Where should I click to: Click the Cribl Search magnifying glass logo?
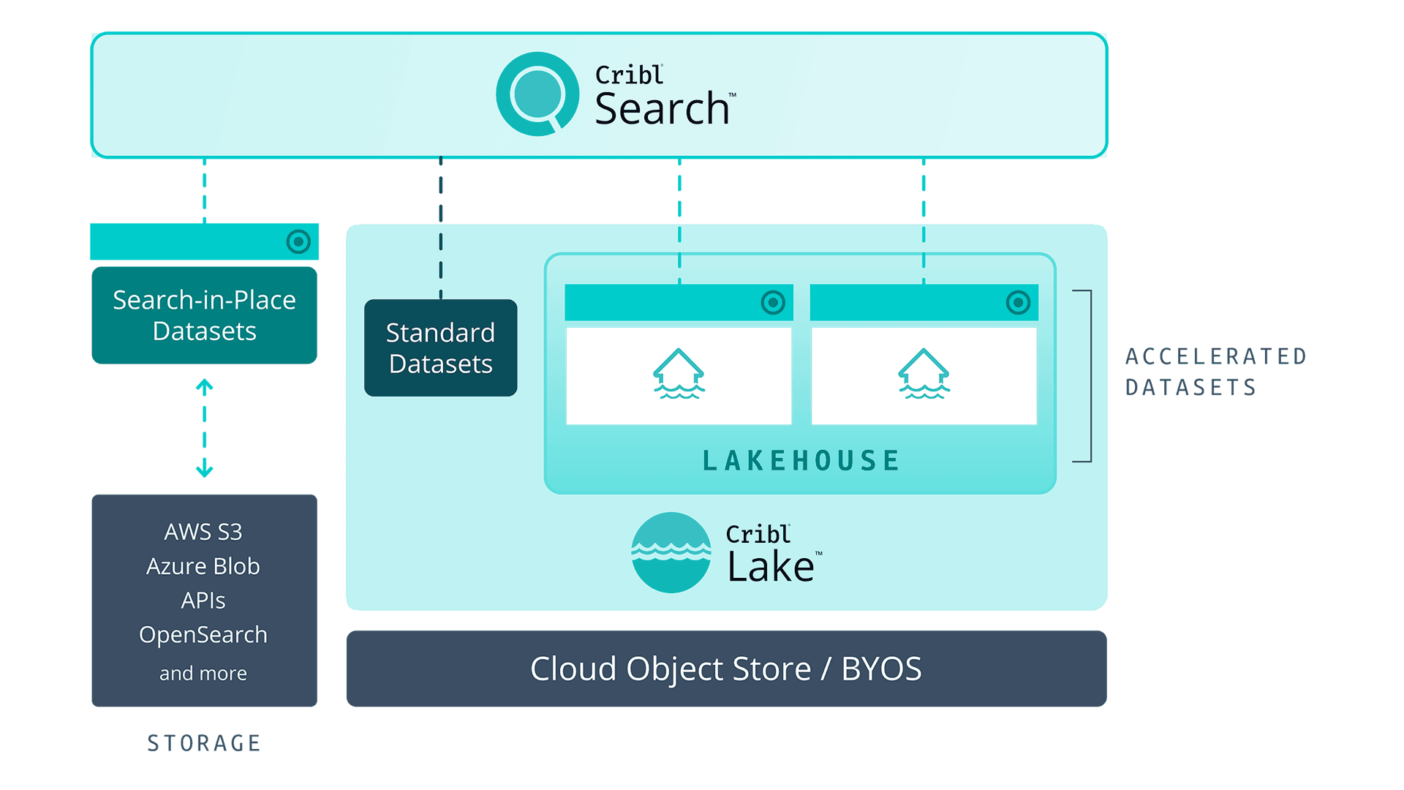(x=537, y=94)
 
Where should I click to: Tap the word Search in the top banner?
(x=662, y=109)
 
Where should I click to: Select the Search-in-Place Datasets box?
(x=204, y=315)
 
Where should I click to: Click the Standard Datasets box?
(x=440, y=348)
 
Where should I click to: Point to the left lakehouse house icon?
(x=679, y=374)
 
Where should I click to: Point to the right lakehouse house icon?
(x=924, y=374)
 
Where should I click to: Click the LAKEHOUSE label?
(x=801, y=461)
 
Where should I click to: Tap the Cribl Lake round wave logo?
(x=671, y=553)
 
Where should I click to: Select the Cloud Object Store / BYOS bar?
(x=726, y=669)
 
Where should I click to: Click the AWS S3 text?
(x=203, y=532)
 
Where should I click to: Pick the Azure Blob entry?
(x=203, y=566)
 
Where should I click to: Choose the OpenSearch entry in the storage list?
(x=203, y=634)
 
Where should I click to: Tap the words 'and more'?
(x=203, y=673)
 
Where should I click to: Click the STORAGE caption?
(x=204, y=743)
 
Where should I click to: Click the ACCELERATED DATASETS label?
(x=1215, y=372)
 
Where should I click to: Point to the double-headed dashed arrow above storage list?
(x=205, y=428)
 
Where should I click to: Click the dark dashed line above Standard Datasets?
(x=441, y=227)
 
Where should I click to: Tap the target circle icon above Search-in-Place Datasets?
(x=298, y=241)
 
